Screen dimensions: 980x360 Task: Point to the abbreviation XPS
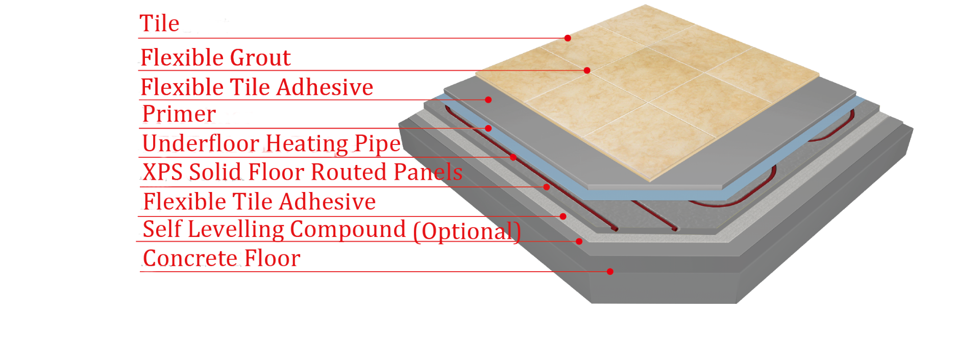pyautogui.click(x=163, y=172)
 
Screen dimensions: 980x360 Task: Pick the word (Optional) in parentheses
pyautogui.click(x=467, y=231)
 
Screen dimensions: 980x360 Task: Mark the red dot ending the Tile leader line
pyautogui.click(x=568, y=38)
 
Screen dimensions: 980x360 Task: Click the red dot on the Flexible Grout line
pyautogui.click(x=587, y=70)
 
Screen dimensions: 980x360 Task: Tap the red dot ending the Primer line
pyautogui.click(x=488, y=128)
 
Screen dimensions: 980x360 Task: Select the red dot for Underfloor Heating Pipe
pyautogui.click(x=513, y=157)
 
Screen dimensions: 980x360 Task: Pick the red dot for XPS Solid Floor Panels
pyautogui.click(x=547, y=187)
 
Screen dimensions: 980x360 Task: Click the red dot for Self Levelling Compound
pyautogui.click(x=579, y=241)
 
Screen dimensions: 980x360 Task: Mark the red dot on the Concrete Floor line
pyautogui.click(x=610, y=271)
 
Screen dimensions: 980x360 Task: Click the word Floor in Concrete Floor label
pyautogui.click(x=272, y=258)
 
